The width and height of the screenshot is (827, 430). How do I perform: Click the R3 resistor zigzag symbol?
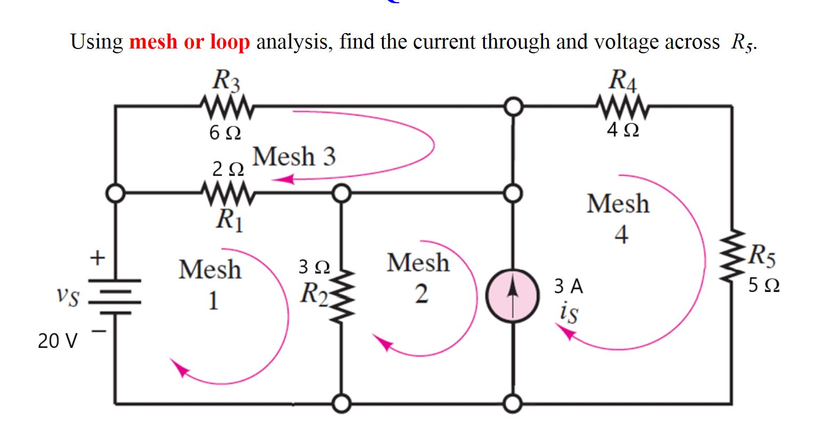[226, 107]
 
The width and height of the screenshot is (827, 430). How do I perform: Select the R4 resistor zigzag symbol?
[622, 107]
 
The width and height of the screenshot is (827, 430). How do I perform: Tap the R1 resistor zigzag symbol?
[228, 193]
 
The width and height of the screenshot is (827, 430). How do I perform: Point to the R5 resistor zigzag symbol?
[733, 255]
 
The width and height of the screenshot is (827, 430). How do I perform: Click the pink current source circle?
[513, 296]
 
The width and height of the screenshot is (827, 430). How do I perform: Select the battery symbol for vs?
[115, 297]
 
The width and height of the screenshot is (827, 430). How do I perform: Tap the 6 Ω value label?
[225, 133]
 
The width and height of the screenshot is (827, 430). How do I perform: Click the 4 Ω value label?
[623, 130]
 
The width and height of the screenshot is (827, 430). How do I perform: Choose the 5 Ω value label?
[764, 285]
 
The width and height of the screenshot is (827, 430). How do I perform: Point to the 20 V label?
[58, 340]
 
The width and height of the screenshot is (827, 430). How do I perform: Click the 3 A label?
[569, 286]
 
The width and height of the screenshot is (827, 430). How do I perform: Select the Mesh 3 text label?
[294, 156]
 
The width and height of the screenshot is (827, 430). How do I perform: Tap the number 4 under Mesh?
[621, 234]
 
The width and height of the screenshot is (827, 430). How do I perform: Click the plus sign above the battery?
[98, 257]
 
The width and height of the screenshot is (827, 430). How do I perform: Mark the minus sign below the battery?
[99, 331]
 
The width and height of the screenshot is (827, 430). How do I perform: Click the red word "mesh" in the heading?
[153, 42]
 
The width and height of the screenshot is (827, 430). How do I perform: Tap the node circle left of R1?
[116, 193]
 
